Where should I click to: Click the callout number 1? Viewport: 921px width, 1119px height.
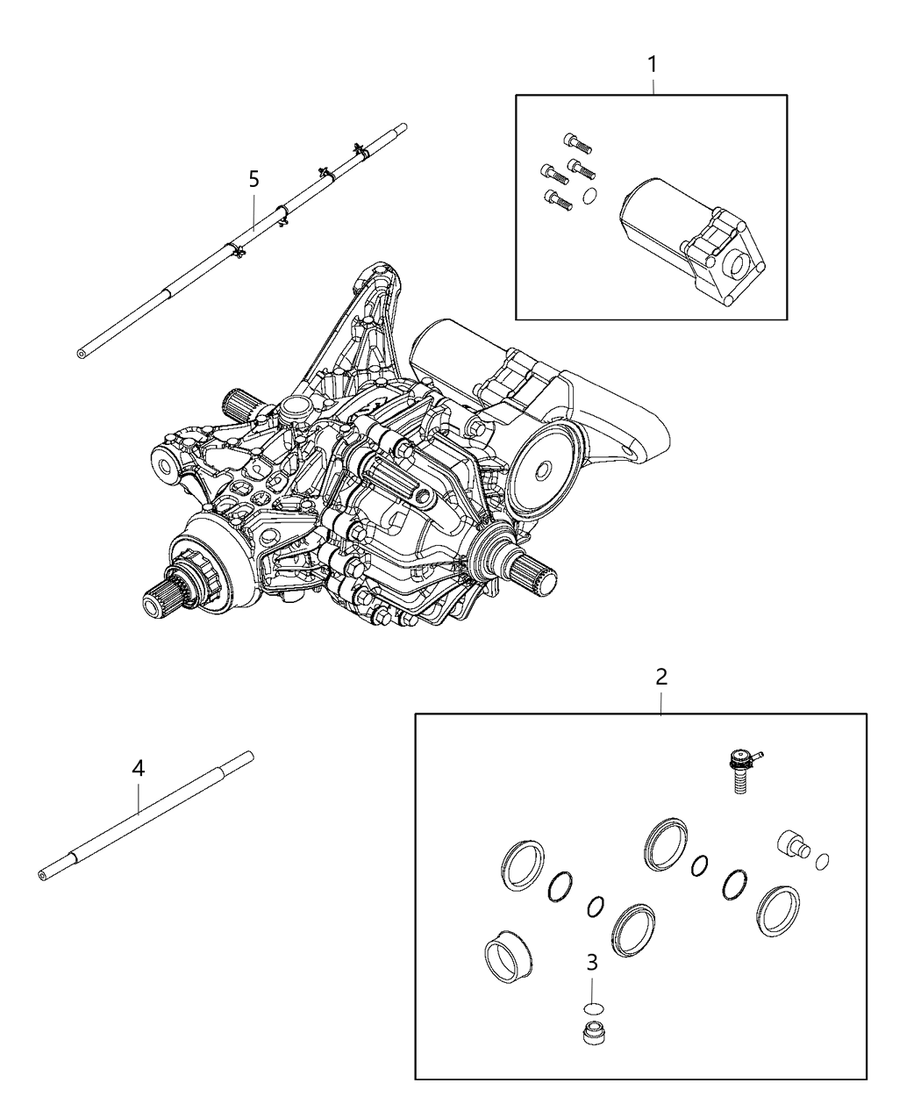pyautogui.click(x=652, y=64)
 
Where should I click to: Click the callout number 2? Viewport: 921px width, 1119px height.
pyautogui.click(x=661, y=677)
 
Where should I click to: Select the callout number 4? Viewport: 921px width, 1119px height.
pyautogui.click(x=138, y=768)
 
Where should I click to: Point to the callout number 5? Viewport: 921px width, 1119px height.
pyautogui.click(x=253, y=179)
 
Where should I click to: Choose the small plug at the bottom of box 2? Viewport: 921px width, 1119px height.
pyautogui.click(x=595, y=1032)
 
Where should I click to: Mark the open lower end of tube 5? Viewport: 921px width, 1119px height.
pyautogui.click(x=82, y=353)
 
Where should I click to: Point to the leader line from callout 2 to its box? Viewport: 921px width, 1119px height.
pyautogui.click(x=661, y=700)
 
